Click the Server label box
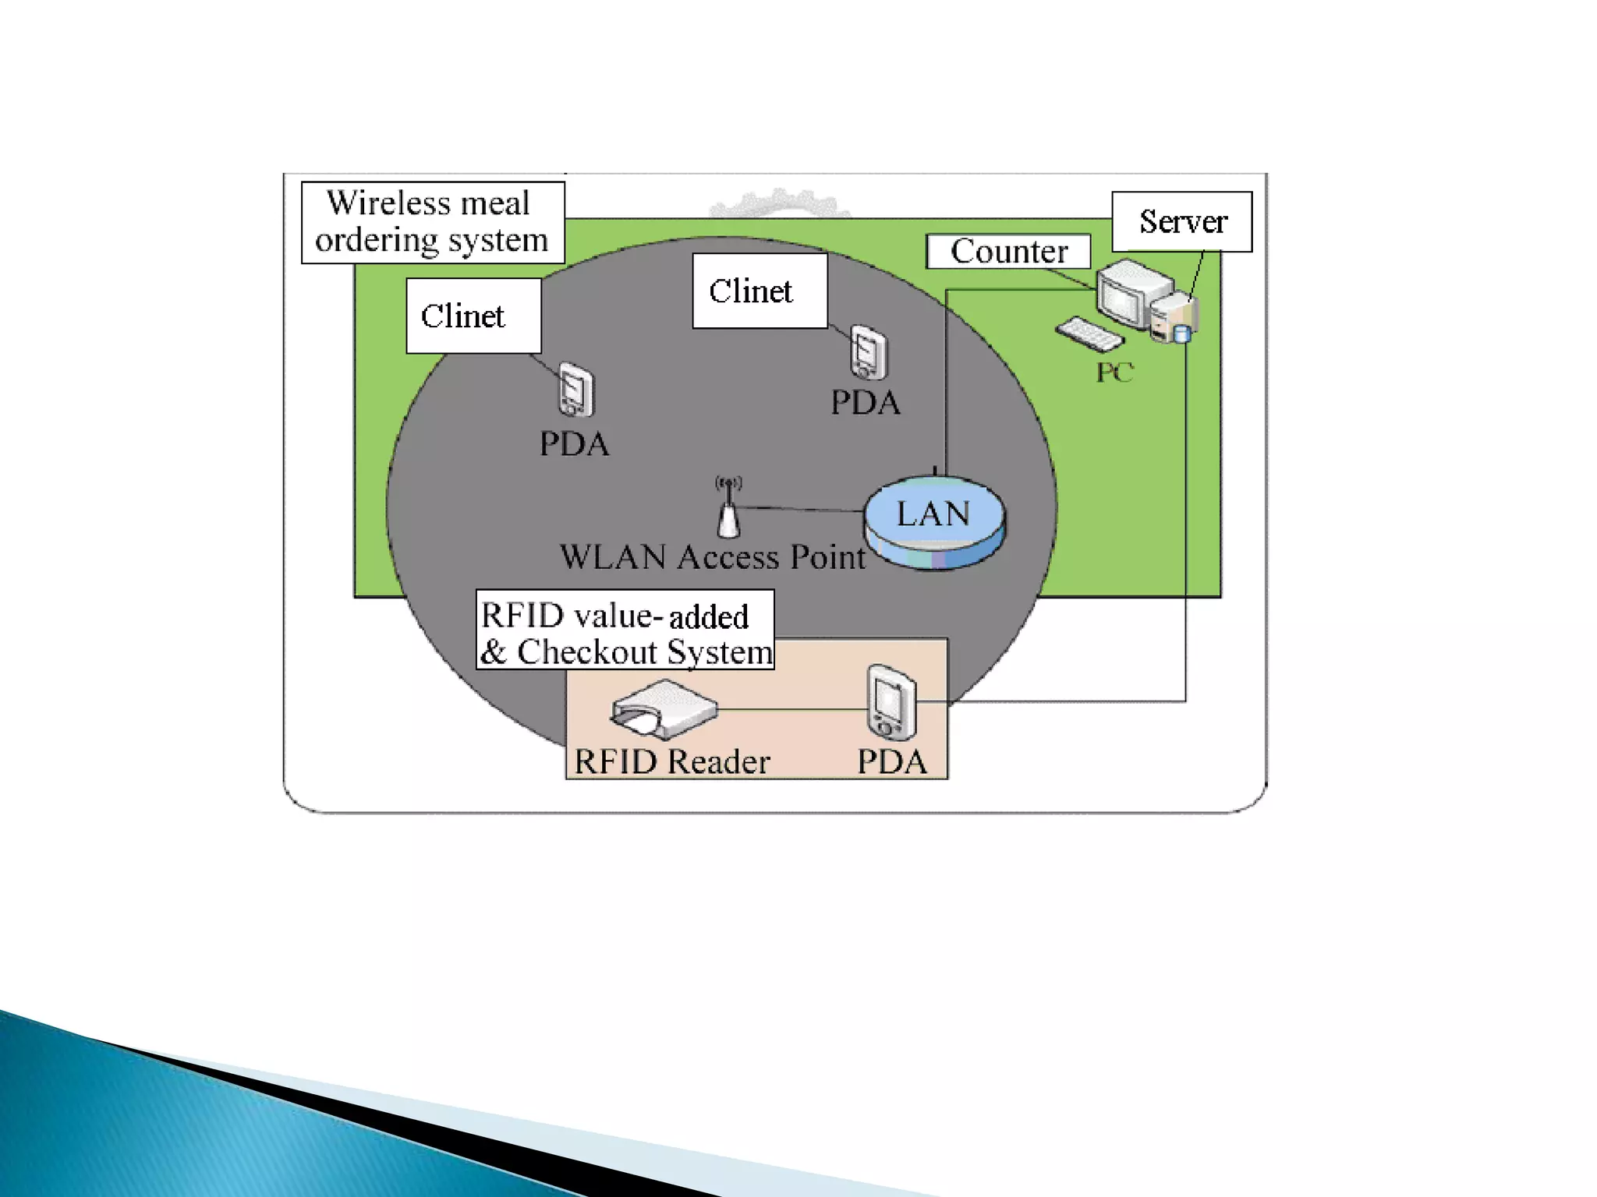(1181, 221)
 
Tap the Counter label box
(1007, 251)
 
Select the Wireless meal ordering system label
(432, 222)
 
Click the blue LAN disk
(934, 521)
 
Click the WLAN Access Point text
(712, 557)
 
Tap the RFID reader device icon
(664, 708)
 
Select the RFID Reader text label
(671, 761)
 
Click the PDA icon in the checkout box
(891, 701)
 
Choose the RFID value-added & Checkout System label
(625, 630)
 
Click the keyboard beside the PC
(1089, 334)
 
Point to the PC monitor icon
(1123, 295)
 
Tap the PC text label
(1114, 373)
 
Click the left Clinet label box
(473, 316)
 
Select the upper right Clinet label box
(760, 291)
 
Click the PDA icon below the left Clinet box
(575, 390)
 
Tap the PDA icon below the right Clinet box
(868, 352)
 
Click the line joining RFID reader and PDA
(791, 709)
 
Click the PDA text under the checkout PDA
(892, 761)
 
